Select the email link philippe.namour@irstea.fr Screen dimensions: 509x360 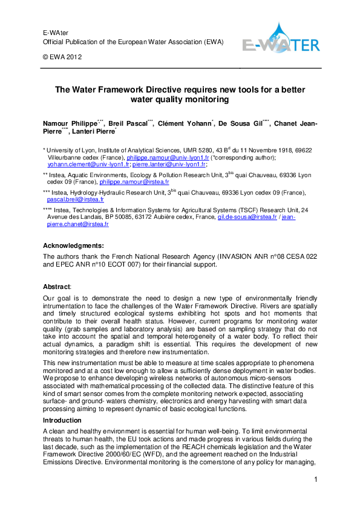pyautogui.click(x=134, y=181)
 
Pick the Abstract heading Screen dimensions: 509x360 pyautogui.click(x=56, y=286)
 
